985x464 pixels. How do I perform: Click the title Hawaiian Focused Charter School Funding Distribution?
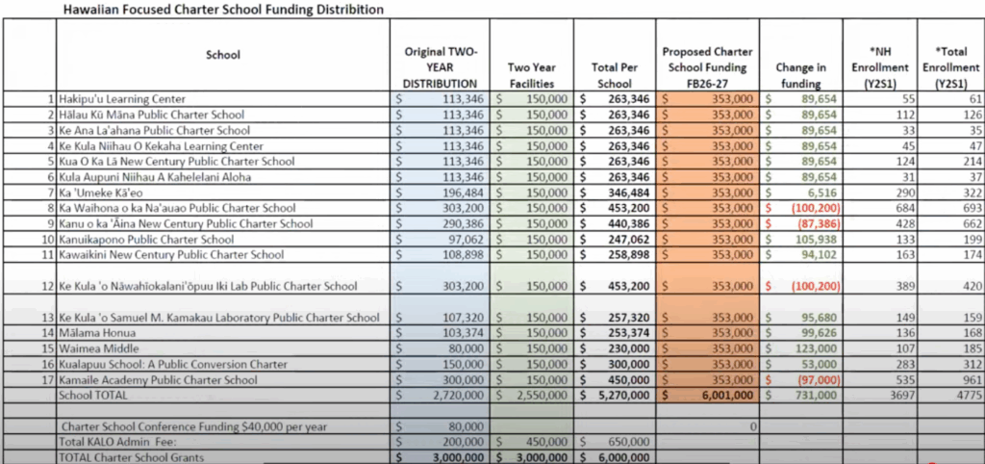point(223,10)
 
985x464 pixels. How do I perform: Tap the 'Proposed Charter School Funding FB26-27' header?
point(707,67)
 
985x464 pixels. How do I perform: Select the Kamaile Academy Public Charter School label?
point(160,379)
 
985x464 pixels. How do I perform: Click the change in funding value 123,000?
point(812,348)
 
